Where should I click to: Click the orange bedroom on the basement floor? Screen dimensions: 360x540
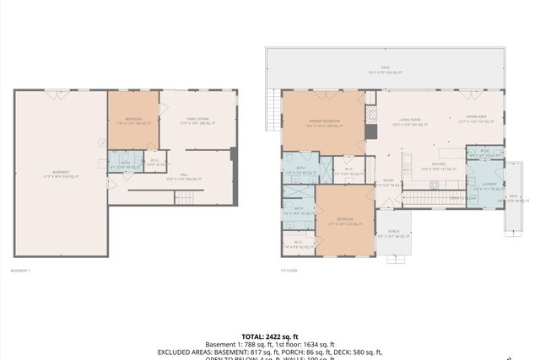pyautogui.click(x=132, y=121)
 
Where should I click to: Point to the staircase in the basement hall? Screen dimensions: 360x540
pyautogui.click(x=185, y=198)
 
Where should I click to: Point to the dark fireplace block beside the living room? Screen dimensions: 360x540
pyautogui.click(x=370, y=132)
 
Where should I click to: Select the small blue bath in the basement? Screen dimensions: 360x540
pyautogui.click(x=124, y=164)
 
